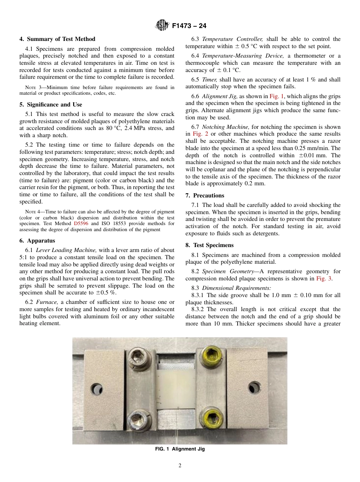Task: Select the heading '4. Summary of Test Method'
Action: coord(57,39)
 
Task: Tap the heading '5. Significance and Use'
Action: coord(51,105)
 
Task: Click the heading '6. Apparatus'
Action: coord(37,241)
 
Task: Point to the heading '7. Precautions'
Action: coord(205,196)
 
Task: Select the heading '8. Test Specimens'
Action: coord(210,245)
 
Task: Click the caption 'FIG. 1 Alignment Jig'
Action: coord(180,449)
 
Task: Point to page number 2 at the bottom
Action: coord(180,466)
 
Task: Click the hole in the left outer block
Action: coord(97,388)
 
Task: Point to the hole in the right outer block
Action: coord(254,388)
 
